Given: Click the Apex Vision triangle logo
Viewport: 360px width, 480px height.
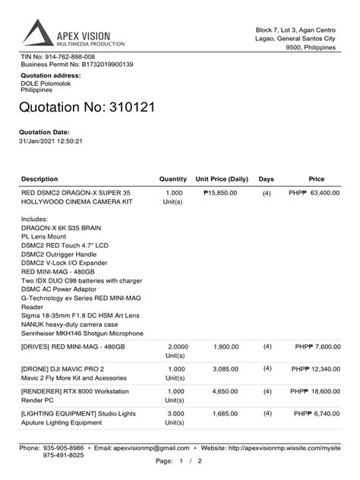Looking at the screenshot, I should pos(38,33).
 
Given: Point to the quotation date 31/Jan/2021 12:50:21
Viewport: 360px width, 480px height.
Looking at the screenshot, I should pos(50,141).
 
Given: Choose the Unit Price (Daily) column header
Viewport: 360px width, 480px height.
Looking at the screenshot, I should pos(222,179).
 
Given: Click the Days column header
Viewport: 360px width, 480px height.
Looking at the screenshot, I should pos(266,179).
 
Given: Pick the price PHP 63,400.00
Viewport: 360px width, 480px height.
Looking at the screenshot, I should pos(314,193).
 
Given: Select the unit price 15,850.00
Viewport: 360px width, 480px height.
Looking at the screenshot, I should pos(221,193).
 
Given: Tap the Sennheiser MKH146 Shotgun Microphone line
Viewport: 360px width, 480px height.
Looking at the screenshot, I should pos(82,333).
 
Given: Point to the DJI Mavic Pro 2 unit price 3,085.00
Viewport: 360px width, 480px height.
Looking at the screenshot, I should pos(225,368).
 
